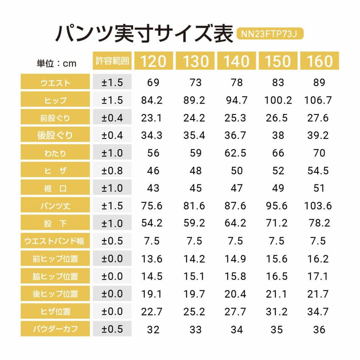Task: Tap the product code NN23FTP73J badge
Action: click(270, 34)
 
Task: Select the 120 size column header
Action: click(153, 61)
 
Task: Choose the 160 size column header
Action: click(320, 61)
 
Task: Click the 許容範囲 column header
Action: click(112, 61)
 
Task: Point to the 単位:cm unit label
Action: click(56, 63)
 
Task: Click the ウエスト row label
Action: click(56, 83)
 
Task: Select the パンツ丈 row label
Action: click(56, 206)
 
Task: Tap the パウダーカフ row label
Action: click(56, 330)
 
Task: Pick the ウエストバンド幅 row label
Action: click(56, 241)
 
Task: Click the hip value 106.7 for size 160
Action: click(318, 100)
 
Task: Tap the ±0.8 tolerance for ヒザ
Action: click(112, 171)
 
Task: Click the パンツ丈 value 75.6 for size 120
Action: click(152, 206)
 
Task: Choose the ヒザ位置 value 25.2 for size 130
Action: click(194, 312)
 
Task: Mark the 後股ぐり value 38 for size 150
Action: click(278, 136)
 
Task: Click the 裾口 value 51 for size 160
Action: click(318, 188)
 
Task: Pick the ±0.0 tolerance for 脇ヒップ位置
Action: click(112, 276)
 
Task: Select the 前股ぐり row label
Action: click(56, 118)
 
